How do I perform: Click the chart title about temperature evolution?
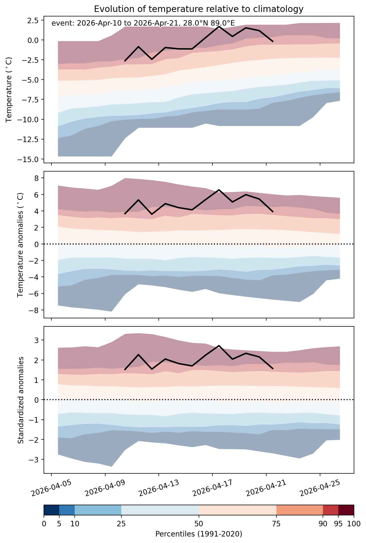click(199, 9)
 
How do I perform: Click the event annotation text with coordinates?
click(143, 23)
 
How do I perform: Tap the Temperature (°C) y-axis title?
click(9, 90)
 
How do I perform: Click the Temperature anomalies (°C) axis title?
click(21, 245)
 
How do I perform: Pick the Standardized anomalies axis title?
click(21, 400)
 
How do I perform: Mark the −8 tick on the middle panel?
click(34, 310)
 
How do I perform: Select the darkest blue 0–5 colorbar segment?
click(51, 510)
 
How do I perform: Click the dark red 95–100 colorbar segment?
click(346, 510)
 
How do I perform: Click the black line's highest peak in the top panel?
click(219, 26)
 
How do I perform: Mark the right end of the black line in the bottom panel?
click(273, 369)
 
